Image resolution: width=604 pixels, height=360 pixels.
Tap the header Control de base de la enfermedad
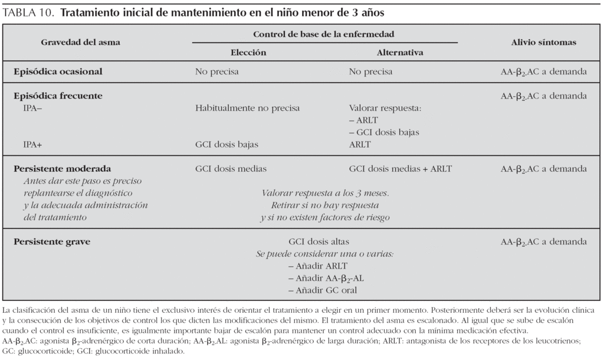click(324, 35)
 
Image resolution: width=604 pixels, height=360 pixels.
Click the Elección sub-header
click(248, 53)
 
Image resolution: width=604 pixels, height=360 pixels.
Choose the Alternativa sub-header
click(400, 53)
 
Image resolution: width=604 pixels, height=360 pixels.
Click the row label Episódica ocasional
click(58, 72)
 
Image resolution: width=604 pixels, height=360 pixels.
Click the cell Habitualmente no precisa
click(247, 109)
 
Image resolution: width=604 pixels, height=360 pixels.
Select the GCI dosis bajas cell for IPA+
click(226, 144)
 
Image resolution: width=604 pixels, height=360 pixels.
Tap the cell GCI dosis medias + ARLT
click(400, 169)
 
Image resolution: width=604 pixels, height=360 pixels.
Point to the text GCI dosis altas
click(319, 242)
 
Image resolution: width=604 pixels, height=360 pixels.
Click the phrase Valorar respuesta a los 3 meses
click(325, 193)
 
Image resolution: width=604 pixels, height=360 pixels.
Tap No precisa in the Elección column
click(217, 72)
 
